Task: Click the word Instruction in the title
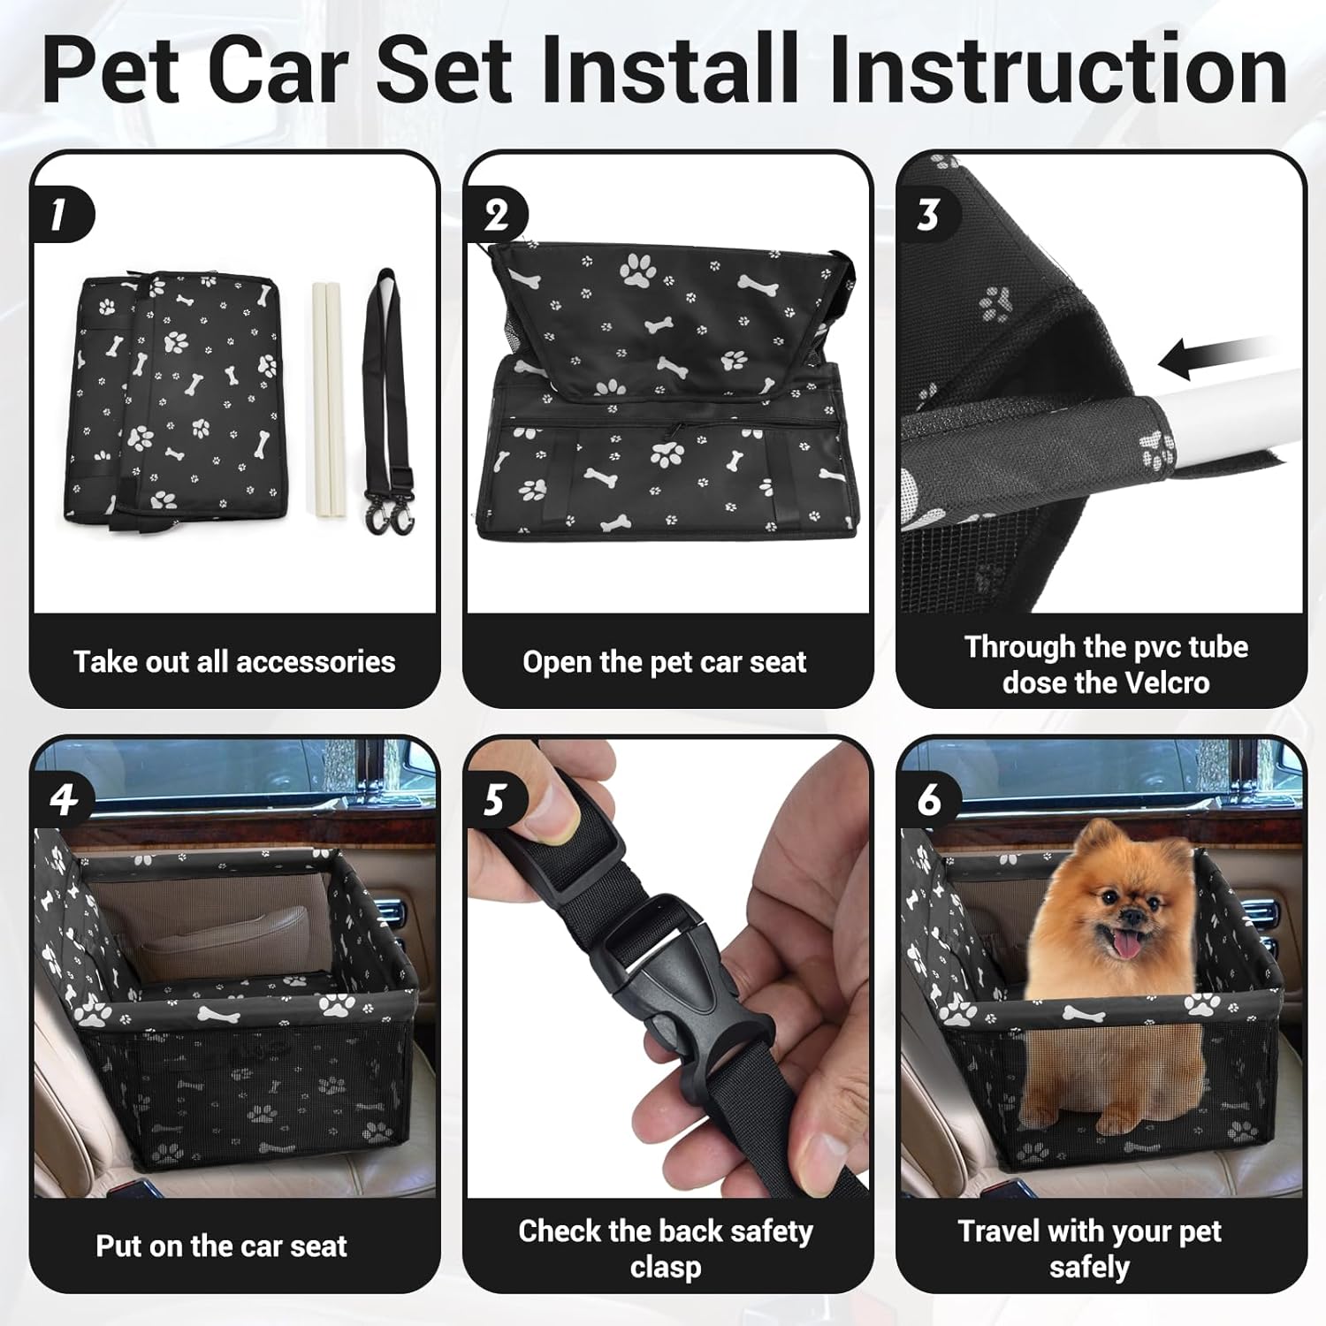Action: [x=1058, y=70]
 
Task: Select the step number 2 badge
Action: [x=497, y=215]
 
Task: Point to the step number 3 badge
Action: [x=928, y=215]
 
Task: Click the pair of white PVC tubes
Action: [x=326, y=400]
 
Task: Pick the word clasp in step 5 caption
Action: [x=666, y=1267]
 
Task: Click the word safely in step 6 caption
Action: [x=1089, y=1267]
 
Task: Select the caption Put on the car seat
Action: [x=221, y=1246]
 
